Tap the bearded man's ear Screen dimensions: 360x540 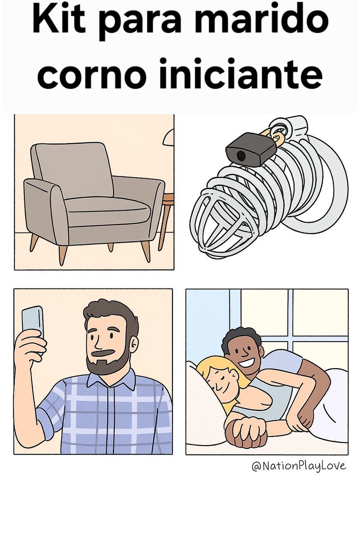click(134, 344)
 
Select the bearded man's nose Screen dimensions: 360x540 click(99, 343)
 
